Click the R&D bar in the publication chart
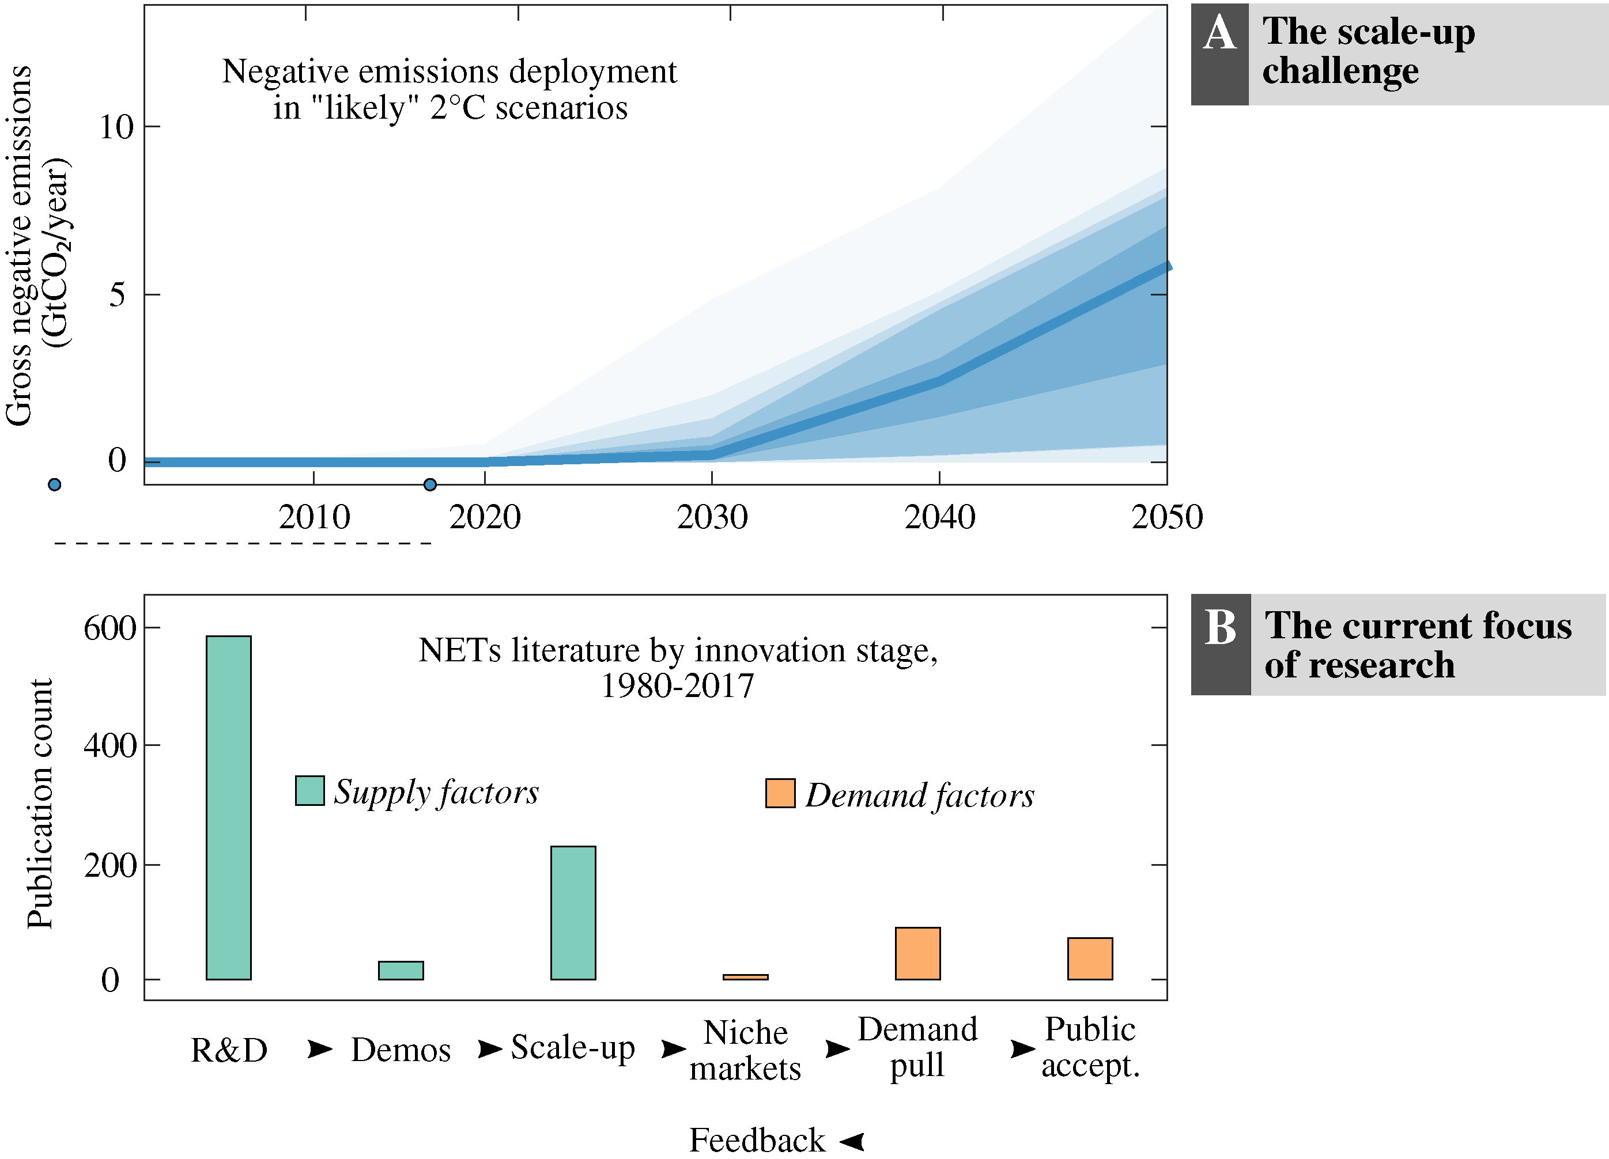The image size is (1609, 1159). click(228, 807)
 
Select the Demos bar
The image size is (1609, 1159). click(401, 970)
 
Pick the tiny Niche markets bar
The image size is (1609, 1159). click(745, 977)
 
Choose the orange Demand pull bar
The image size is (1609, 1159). click(917, 953)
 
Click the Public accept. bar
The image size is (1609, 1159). click(1090, 959)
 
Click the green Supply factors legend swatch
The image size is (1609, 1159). click(310, 790)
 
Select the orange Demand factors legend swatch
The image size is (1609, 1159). click(780, 793)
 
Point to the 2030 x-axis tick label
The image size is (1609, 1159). click(712, 517)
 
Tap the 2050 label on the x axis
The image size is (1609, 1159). click(1166, 517)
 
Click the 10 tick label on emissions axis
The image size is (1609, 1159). click(116, 128)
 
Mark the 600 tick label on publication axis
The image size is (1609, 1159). click(110, 628)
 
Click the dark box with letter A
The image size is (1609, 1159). click(1219, 55)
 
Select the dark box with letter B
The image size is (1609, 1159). click(1220, 644)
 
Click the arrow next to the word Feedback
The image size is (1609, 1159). click(851, 1141)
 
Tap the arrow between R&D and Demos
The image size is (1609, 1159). click(320, 1048)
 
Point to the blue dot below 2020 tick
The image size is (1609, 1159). click(430, 484)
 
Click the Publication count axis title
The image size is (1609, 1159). click(40, 803)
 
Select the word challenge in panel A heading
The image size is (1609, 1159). click(1340, 71)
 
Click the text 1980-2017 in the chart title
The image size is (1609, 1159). click(678, 686)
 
